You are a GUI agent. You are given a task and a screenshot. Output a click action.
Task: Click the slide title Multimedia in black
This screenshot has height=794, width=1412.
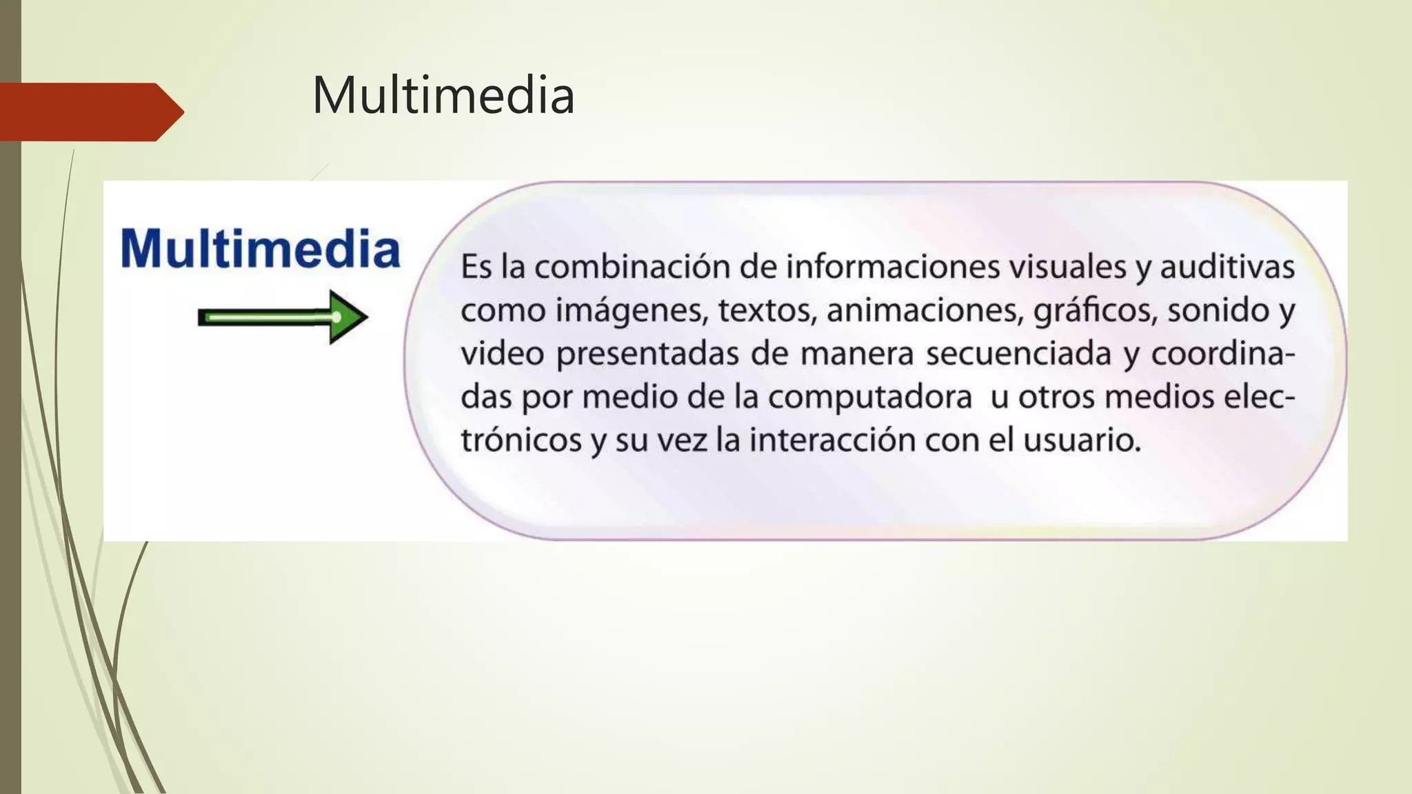[443, 95]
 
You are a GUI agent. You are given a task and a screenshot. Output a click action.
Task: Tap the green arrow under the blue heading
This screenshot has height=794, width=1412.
[283, 317]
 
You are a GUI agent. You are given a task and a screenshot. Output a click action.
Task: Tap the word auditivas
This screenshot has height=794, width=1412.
[1227, 267]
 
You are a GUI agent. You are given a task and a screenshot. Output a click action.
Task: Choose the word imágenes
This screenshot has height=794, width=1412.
[632, 311]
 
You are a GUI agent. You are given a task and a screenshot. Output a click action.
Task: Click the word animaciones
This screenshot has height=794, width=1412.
[924, 311]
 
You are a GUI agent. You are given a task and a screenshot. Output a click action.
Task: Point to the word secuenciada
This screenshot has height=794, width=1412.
[1018, 354]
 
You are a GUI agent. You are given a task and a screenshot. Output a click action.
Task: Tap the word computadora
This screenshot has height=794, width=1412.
[870, 398]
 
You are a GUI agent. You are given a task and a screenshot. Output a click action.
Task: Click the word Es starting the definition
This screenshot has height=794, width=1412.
[476, 267]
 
